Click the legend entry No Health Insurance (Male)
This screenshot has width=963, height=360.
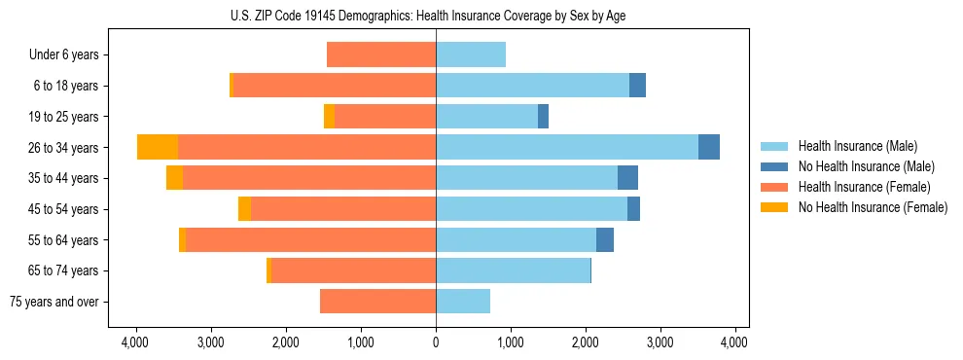pos(866,166)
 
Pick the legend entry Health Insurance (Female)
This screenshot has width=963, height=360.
pos(864,187)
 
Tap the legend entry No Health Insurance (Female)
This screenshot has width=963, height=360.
pos(873,207)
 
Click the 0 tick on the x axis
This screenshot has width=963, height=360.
pos(436,342)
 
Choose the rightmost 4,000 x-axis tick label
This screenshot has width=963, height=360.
pos(734,342)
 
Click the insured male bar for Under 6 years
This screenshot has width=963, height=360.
pos(471,54)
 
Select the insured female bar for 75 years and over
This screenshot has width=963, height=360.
pos(377,302)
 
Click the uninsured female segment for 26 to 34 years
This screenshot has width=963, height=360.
pos(158,147)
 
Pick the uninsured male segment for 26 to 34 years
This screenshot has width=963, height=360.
pos(709,147)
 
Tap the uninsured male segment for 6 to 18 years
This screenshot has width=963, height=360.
pos(637,86)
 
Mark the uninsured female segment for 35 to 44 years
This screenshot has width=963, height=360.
pos(174,178)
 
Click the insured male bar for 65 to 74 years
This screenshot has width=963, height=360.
pos(513,270)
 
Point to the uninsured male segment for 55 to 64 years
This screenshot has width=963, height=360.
pos(605,239)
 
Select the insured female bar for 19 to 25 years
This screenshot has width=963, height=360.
pos(385,117)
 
